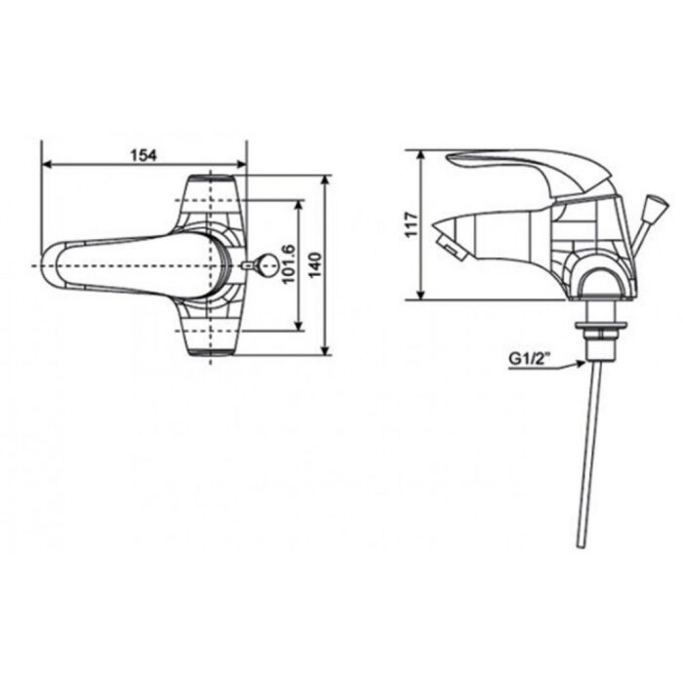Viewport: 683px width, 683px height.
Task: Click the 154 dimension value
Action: [143, 154]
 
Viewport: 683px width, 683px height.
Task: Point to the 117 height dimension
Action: [412, 224]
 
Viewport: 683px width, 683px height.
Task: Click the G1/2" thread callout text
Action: [530, 358]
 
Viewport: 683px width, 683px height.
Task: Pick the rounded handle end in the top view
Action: [60, 264]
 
